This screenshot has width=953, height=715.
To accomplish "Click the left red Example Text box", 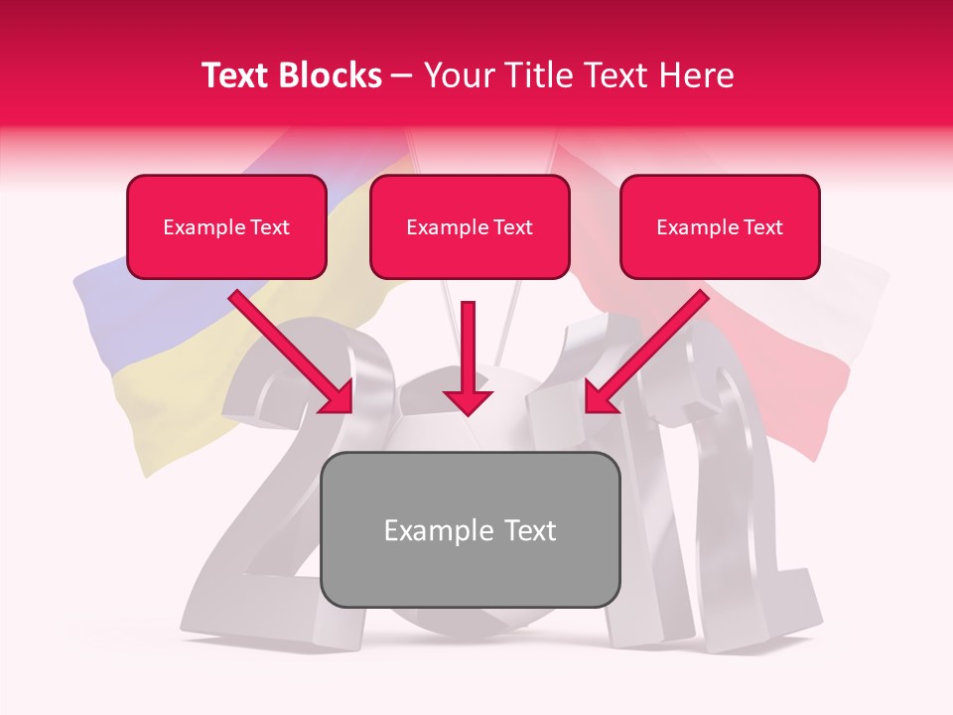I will (x=226, y=226).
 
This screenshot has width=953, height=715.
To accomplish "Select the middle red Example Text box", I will (x=470, y=226).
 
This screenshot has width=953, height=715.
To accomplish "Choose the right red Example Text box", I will (x=720, y=226).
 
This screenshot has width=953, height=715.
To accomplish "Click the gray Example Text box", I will (x=471, y=529).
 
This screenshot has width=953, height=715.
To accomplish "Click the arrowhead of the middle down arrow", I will (x=468, y=400).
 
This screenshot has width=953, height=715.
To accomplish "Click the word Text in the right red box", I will (x=762, y=227).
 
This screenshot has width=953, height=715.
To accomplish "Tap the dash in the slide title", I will (x=403, y=75).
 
